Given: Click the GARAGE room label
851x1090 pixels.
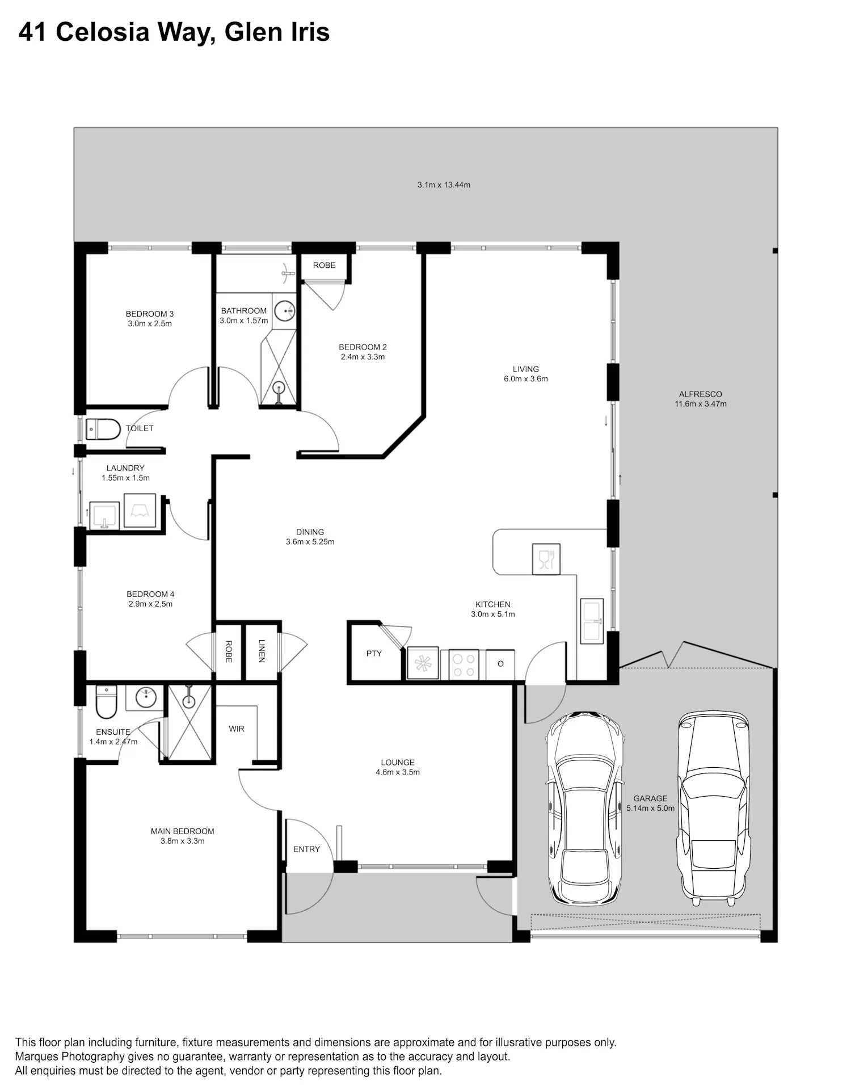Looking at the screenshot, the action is coord(650,798).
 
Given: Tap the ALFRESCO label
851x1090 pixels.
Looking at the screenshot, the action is coord(700,394).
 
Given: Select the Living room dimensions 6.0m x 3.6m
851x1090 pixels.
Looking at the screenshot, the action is coord(526,379).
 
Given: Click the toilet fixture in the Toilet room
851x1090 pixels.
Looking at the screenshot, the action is coord(103,430).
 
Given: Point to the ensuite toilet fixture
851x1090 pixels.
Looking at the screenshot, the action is coord(106,702).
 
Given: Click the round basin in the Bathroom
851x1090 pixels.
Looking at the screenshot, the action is coord(284,310).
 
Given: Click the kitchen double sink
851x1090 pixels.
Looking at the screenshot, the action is coord(592,621).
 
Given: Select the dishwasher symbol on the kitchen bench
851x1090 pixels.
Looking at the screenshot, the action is coord(546,558).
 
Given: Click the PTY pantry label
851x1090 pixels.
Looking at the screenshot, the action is coord(374,654).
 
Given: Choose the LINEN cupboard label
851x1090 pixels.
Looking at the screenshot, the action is coord(262,651).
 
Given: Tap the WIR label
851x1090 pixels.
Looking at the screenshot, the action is coord(237,729).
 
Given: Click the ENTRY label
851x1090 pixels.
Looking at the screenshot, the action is coord(306,849).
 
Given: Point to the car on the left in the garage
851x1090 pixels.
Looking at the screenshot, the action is coord(585,808).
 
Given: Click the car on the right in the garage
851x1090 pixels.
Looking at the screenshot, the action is coord(714,808).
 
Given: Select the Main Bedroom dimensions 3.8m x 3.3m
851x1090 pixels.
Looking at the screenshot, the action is coord(183,841).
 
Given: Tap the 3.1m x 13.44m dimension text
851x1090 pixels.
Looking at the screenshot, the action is coord(444,185).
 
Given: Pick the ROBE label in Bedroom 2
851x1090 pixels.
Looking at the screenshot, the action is coord(324,266).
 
